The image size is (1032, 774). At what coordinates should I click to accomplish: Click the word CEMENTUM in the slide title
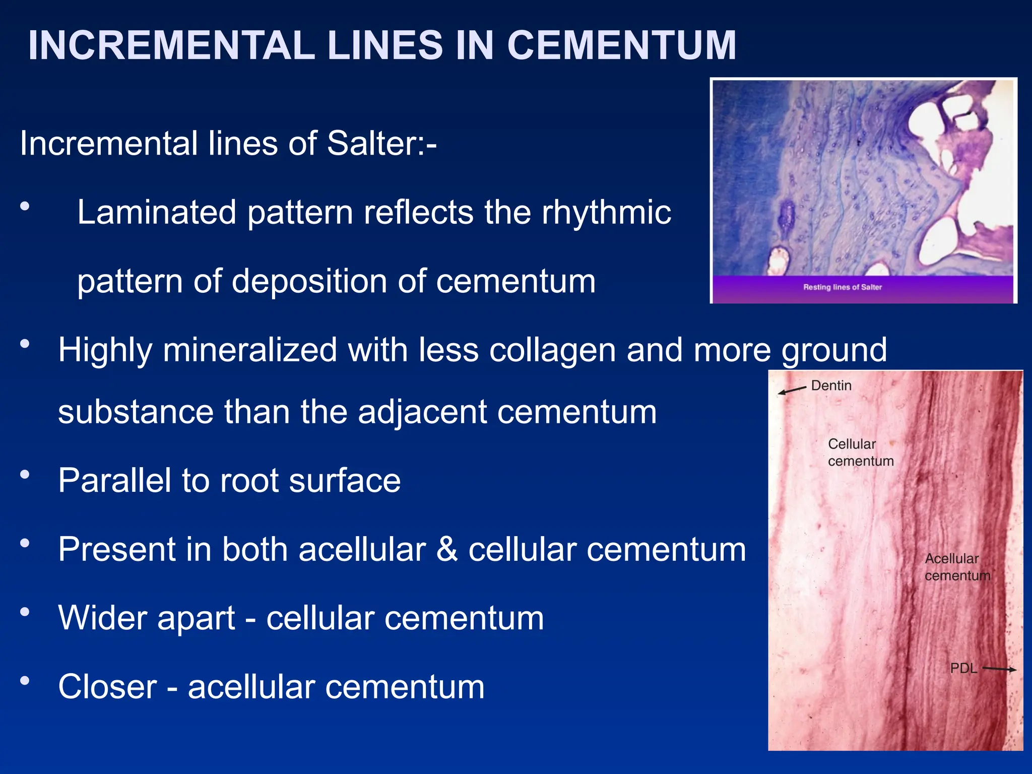(621, 45)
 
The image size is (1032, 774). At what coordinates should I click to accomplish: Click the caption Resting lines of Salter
(842, 287)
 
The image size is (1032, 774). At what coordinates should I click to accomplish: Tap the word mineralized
(249, 350)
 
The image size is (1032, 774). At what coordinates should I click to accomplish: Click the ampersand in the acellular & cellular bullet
(447, 549)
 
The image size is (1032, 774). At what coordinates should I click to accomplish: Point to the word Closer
(107, 687)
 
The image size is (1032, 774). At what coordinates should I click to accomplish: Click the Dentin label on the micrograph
(831, 385)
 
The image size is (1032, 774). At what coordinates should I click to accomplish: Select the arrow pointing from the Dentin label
(792, 390)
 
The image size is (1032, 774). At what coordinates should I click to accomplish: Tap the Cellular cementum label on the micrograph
(860, 453)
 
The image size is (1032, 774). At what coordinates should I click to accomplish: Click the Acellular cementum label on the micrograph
(957, 567)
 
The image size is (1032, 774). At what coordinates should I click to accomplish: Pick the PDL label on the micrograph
(963, 668)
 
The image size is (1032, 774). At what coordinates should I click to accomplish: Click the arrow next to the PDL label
(999, 669)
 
